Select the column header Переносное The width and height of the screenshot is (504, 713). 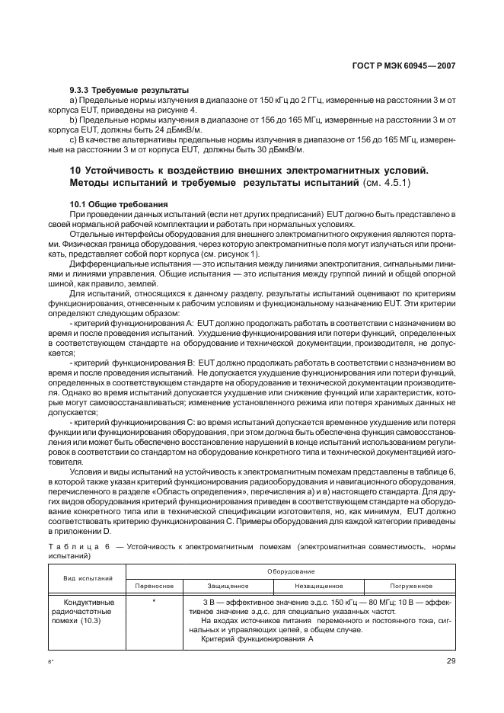point(155,586)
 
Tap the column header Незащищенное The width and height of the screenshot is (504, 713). point(319,586)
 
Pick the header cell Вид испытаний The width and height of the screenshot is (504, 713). point(83,578)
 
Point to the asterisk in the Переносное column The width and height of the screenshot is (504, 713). point(154,600)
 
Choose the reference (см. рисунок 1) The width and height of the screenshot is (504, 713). point(227,254)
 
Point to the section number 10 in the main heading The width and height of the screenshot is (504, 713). point(75,169)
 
